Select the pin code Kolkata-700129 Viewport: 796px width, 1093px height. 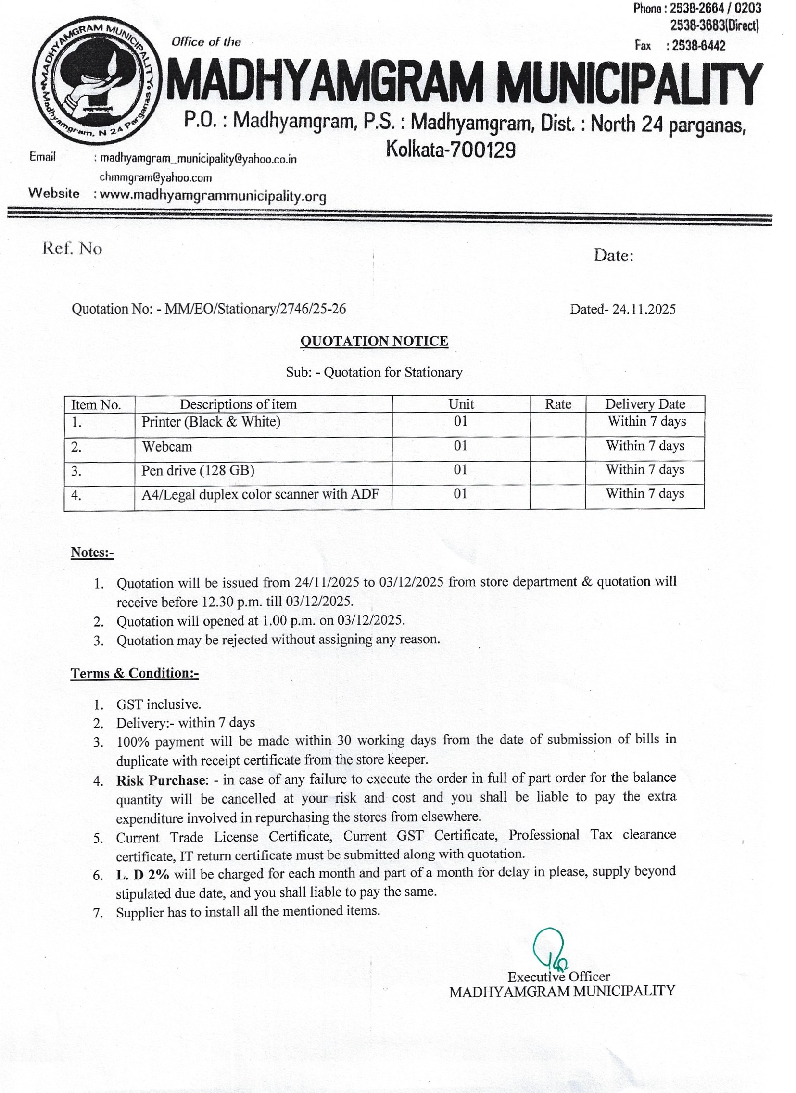click(x=451, y=151)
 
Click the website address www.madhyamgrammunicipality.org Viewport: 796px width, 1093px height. click(x=210, y=196)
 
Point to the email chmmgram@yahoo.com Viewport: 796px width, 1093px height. click(x=156, y=178)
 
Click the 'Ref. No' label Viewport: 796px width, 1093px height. click(x=72, y=249)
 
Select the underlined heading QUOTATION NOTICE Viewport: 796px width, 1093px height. click(x=374, y=341)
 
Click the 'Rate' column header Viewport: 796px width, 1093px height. click(x=558, y=404)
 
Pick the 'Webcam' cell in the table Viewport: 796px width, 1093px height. click(x=167, y=447)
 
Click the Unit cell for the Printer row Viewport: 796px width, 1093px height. click(x=460, y=422)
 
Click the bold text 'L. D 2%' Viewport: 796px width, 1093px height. click(x=143, y=874)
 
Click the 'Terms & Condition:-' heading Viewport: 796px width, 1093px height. click(x=135, y=673)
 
